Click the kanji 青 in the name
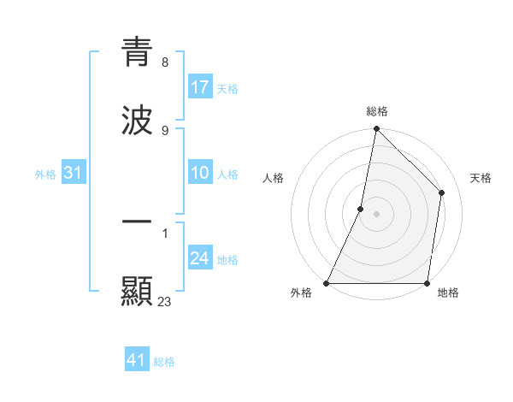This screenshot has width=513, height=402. pos(137,52)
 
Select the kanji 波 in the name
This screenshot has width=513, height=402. pos(137,120)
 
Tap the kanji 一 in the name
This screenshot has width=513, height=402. pos(137,223)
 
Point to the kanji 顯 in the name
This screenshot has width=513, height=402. pos(137,291)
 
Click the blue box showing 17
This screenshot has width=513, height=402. pos(200,87)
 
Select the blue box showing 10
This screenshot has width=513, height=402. pos(200,174)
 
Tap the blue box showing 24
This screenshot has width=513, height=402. pos(200,259)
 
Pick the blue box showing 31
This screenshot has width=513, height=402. pos(74,174)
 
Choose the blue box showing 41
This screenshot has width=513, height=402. pos(137,361)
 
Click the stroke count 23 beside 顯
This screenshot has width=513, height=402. pos(165,301)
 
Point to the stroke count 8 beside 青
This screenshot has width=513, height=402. pos(164,62)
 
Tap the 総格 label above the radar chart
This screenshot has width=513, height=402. pos(377,112)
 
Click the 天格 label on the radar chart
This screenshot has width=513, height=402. pos(481,178)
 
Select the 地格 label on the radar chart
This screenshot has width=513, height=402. pos(448,293)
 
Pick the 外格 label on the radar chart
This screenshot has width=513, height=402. pos(301,293)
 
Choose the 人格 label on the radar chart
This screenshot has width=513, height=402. pos(273,178)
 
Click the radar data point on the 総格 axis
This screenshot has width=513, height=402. pos(376,128)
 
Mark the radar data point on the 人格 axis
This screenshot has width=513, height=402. pos(361,209)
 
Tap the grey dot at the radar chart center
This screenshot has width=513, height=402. pos(376,214)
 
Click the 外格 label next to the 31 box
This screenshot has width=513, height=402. pos(45,174)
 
